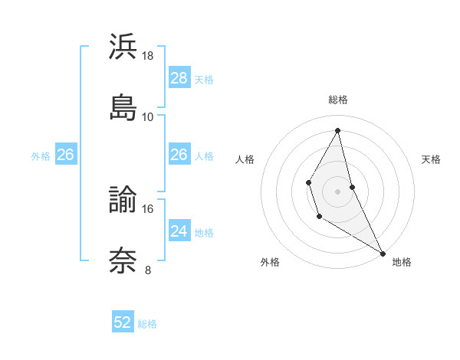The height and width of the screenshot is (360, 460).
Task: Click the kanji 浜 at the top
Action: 123,47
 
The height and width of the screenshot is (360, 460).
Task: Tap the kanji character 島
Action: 123,106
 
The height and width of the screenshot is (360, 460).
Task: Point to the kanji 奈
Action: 123,259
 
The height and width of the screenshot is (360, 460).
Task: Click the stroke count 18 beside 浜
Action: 148,56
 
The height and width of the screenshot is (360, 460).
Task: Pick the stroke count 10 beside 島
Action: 148,116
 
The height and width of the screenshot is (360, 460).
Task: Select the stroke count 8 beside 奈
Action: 148,270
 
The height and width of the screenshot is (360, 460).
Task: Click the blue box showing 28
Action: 179,78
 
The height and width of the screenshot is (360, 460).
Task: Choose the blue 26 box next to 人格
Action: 179,155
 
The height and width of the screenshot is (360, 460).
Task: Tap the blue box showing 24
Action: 179,231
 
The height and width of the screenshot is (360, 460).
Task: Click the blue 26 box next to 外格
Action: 65,155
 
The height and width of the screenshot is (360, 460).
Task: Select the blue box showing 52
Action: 123,322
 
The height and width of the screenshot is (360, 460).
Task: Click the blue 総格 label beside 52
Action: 147,324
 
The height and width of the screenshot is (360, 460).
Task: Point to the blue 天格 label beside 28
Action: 204,80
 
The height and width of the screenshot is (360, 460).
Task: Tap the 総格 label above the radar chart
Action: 338,100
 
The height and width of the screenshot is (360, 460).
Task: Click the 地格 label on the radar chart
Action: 402,262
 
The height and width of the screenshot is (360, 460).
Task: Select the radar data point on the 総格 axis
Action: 338,130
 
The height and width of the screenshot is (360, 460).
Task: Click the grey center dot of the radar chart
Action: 338,191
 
